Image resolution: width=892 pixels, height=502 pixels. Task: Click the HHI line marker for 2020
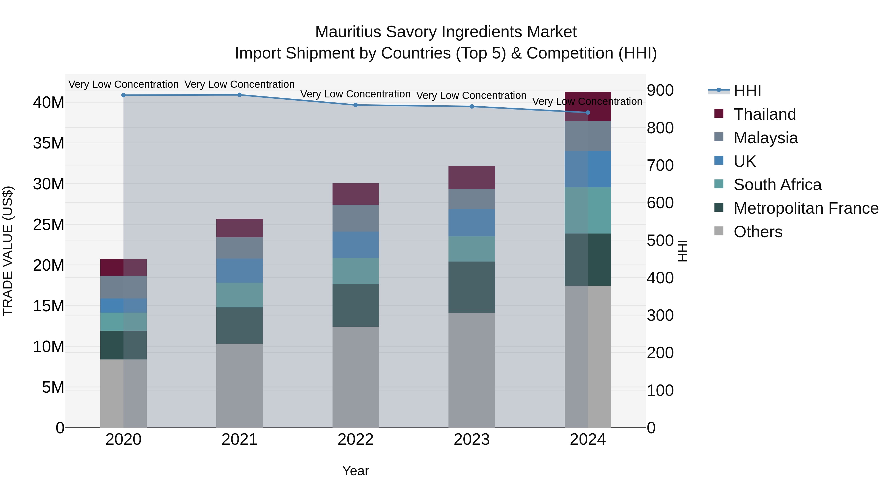(124, 95)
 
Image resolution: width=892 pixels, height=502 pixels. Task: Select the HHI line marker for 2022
(356, 105)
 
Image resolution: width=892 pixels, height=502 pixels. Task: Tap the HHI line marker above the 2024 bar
(588, 113)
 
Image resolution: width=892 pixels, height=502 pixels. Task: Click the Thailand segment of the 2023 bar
(472, 177)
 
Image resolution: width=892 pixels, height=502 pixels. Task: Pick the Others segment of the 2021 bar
(240, 385)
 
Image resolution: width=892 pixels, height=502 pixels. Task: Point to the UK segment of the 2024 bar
(588, 169)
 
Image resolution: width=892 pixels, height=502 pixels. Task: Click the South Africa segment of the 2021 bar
(240, 295)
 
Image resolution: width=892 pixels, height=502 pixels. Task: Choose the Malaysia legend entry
(766, 138)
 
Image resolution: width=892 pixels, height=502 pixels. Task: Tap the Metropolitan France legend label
(806, 208)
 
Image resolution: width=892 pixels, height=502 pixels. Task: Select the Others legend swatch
(719, 231)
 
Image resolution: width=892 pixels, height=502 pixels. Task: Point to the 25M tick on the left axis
(49, 225)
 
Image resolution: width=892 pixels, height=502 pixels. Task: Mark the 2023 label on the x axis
(472, 440)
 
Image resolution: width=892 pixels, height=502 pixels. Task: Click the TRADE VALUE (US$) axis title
(8, 251)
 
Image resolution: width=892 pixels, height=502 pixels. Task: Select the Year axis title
(356, 471)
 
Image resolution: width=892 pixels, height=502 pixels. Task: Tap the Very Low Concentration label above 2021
(240, 84)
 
